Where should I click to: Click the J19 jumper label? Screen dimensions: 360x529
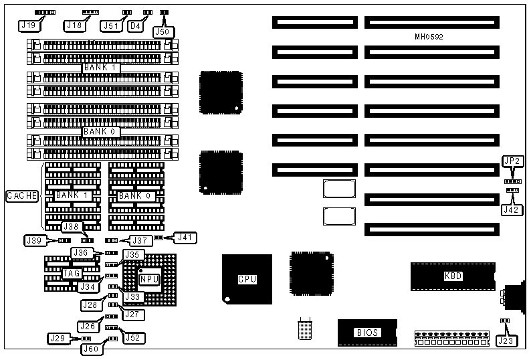point(28,25)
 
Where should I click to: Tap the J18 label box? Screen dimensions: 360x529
point(75,25)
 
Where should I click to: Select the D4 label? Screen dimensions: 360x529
point(135,25)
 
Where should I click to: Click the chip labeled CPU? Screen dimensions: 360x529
point(247,278)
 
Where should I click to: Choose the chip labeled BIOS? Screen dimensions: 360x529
point(368,332)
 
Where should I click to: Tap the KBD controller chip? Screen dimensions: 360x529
point(453,276)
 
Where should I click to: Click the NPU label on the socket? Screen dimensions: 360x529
point(149,278)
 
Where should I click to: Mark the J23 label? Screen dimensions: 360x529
point(506,341)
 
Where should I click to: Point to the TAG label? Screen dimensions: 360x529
point(72,273)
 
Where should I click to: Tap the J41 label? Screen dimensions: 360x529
point(184,236)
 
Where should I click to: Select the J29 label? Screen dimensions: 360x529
point(58,339)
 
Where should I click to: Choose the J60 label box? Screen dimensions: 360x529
point(91,348)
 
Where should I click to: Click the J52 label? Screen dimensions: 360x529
point(132,339)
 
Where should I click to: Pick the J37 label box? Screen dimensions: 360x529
point(140,240)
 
